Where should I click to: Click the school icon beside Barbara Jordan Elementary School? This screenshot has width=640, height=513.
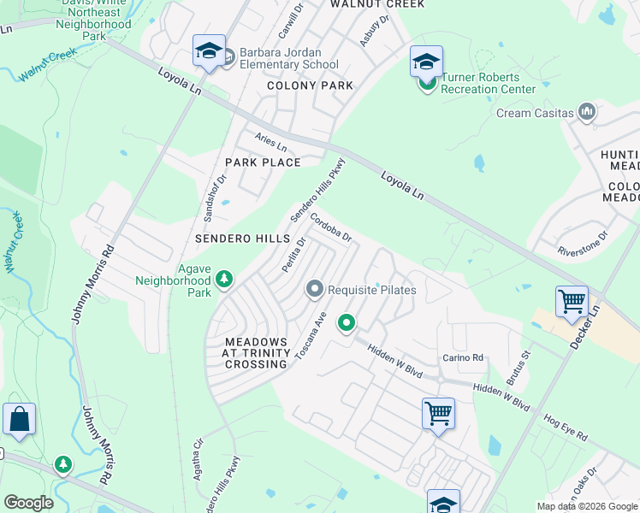click(x=209, y=52)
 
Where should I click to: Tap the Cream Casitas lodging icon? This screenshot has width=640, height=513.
click(x=587, y=112)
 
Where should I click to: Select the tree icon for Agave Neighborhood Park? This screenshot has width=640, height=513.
click(x=224, y=280)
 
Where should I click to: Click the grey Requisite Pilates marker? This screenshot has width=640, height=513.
click(x=315, y=290)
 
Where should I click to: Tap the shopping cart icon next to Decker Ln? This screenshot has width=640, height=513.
click(x=571, y=302)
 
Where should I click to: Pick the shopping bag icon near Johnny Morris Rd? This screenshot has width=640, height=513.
click(x=19, y=420)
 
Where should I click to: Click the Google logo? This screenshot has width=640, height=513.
click(x=28, y=502)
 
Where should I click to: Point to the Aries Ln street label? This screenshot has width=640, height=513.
click(x=270, y=142)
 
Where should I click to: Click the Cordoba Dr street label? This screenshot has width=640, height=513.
click(x=331, y=227)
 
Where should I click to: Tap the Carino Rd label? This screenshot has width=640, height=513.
click(x=463, y=357)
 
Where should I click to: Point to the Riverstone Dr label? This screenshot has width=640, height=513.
click(x=582, y=242)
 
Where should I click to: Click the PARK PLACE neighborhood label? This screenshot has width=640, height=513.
click(x=263, y=162)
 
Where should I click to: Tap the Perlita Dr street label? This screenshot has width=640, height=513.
click(x=293, y=255)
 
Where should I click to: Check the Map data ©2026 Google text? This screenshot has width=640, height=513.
click(x=586, y=506)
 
